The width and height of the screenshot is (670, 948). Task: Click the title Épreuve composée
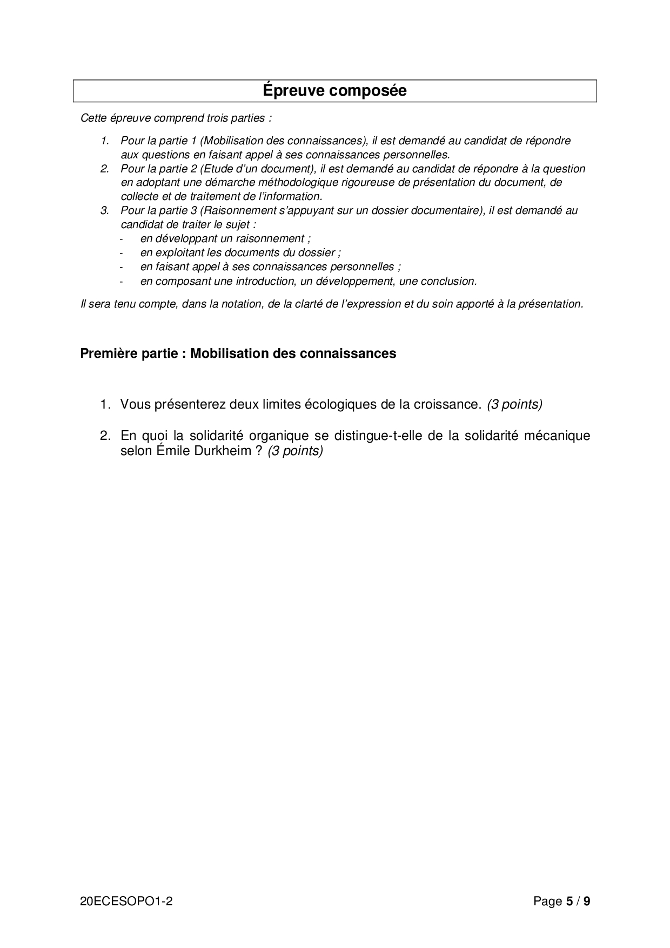point(334,91)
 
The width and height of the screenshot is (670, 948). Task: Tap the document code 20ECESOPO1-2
point(126,902)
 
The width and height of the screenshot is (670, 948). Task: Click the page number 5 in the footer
point(569,902)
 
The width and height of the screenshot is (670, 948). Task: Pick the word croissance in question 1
point(447,404)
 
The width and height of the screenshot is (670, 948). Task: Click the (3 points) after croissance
point(514,404)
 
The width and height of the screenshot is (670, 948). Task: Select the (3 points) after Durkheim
point(295,450)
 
